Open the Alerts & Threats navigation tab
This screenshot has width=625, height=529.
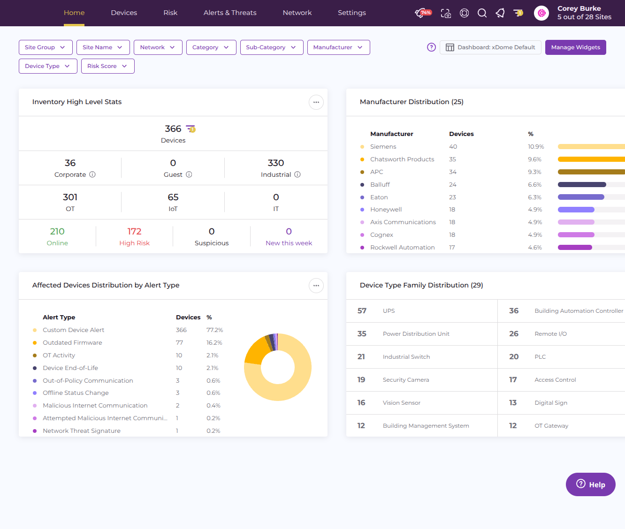coord(230,13)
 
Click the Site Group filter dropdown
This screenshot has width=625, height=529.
coord(46,47)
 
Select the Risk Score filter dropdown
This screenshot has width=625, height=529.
coord(107,66)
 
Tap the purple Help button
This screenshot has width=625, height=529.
coord(590,484)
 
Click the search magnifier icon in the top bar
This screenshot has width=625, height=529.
coord(482,13)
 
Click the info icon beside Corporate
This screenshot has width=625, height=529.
coord(92,174)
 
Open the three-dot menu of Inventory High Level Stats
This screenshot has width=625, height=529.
coord(316,102)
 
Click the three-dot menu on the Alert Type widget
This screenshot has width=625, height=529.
coord(316,286)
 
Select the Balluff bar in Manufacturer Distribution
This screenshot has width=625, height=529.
coord(582,184)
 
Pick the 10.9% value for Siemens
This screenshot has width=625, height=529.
coord(536,147)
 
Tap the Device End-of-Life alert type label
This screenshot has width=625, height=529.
coord(70,368)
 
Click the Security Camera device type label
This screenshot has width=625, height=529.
coord(406,380)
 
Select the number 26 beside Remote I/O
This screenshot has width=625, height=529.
coord(514,334)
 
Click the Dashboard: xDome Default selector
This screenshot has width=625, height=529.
coord(490,47)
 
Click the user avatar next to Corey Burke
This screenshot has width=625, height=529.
coord(541,13)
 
